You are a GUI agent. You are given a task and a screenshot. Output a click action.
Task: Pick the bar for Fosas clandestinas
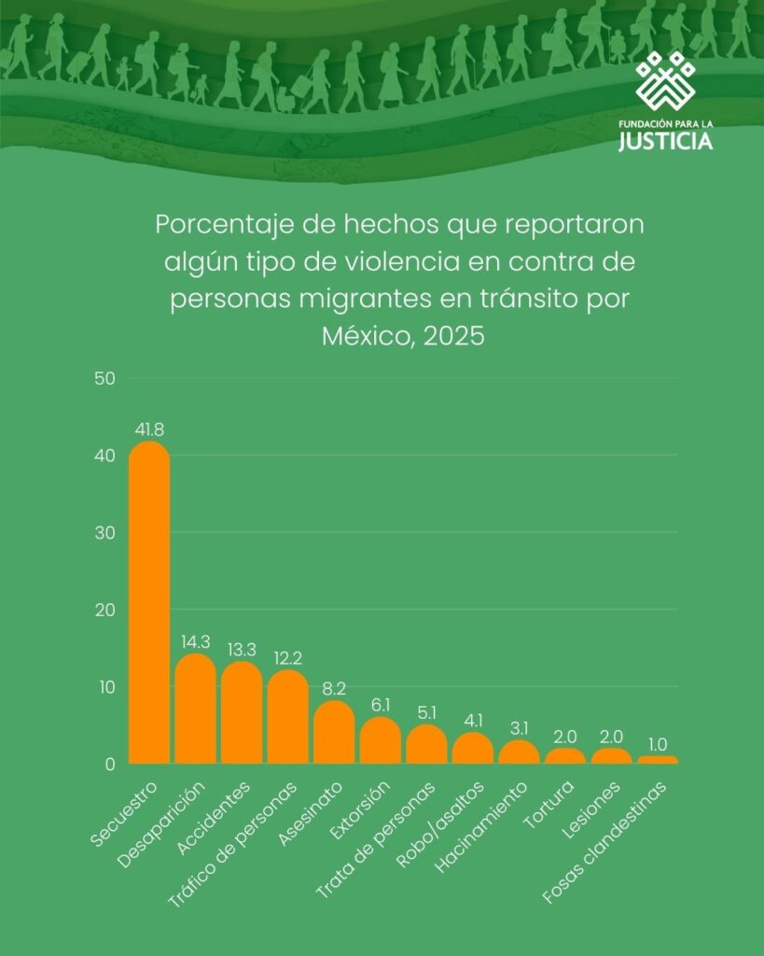pos(658,760)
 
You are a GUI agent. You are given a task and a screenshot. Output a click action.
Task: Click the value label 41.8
pos(149,429)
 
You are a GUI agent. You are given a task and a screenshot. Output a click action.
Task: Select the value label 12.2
pos(288,658)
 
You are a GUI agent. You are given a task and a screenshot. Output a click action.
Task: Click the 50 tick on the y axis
pos(104,378)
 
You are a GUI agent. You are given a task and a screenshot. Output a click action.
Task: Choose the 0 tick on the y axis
pos(109,764)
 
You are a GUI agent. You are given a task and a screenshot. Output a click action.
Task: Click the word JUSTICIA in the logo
pos(666,142)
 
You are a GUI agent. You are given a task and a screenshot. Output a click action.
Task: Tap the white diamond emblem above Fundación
pos(666,80)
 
